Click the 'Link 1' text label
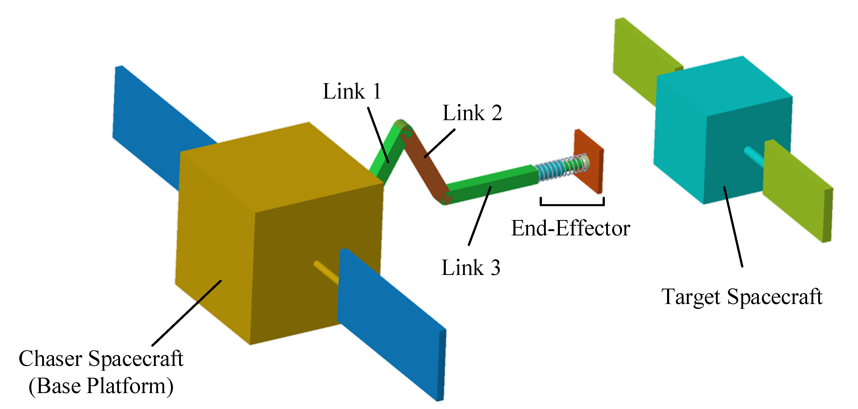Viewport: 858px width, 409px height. click(x=352, y=91)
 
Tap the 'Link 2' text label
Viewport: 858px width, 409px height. click(x=472, y=113)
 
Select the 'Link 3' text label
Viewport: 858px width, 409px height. click(x=471, y=268)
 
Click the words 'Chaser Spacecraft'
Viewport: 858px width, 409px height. click(x=101, y=359)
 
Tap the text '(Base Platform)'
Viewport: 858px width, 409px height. click(x=101, y=386)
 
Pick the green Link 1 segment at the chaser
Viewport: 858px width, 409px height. click(x=386, y=156)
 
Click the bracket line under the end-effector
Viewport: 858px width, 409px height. click(x=572, y=204)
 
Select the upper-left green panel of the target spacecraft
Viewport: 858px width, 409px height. click(x=640, y=60)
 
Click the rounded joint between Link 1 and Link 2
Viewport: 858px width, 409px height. click(x=402, y=126)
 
